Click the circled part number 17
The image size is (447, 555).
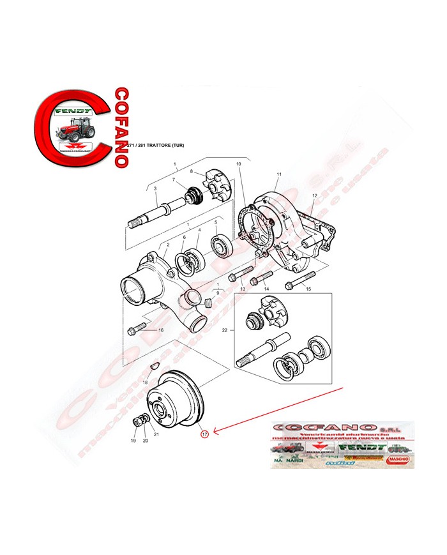click(x=204, y=434)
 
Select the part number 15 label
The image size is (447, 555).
click(x=308, y=289)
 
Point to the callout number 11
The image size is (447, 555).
click(x=278, y=174)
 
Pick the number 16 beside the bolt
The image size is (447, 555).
click(x=161, y=330)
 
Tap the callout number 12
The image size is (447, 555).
click(x=314, y=195)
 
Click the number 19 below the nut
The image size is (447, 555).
click(x=133, y=441)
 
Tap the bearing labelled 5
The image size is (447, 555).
click(x=216, y=245)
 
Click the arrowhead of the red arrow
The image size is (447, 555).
click(x=215, y=433)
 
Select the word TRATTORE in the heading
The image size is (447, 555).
click(x=162, y=147)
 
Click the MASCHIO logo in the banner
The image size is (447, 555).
click(x=397, y=459)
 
